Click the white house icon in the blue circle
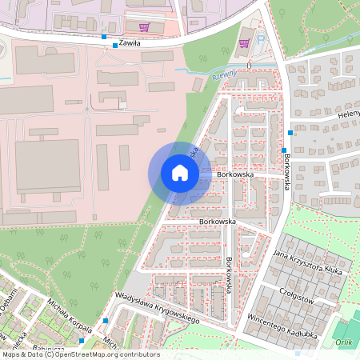pyautogui.click(x=179, y=173)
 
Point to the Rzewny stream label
pyautogui.click(x=226, y=74)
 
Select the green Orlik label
pyautogui.click(x=345, y=341)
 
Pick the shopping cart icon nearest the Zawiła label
pyautogui.click(x=144, y=26)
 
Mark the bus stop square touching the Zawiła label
pyautogui.click(x=115, y=46)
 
